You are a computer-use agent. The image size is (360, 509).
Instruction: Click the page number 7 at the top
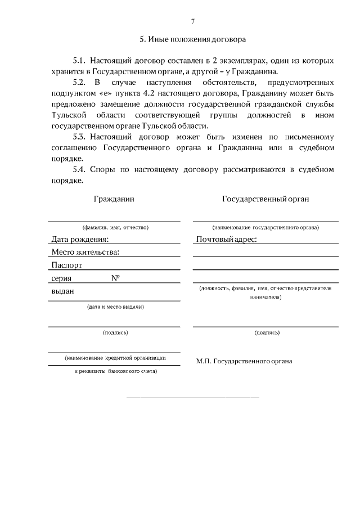[x=192, y=21]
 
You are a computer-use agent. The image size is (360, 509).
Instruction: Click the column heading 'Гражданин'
[x=114, y=199]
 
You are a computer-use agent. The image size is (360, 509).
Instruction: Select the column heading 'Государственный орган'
[x=265, y=199]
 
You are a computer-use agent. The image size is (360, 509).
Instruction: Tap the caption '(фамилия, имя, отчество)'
[x=114, y=227]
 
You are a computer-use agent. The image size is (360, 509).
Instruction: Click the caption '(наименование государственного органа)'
[x=265, y=227]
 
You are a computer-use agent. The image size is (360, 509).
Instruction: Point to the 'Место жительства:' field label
[x=85, y=252]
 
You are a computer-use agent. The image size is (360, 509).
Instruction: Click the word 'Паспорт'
[x=67, y=265]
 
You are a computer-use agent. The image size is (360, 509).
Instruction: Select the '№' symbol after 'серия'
[x=119, y=278]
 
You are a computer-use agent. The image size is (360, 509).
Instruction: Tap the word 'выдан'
[x=63, y=291]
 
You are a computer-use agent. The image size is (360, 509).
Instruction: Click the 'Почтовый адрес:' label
[x=226, y=240]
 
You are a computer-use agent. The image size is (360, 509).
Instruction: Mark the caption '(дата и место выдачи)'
[x=114, y=307]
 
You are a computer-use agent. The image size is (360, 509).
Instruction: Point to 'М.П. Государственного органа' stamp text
[x=244, y=361]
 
